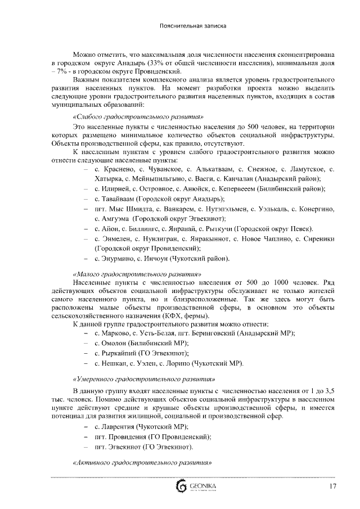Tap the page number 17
pos(333,486)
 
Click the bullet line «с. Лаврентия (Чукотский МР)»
pos(141,427)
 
